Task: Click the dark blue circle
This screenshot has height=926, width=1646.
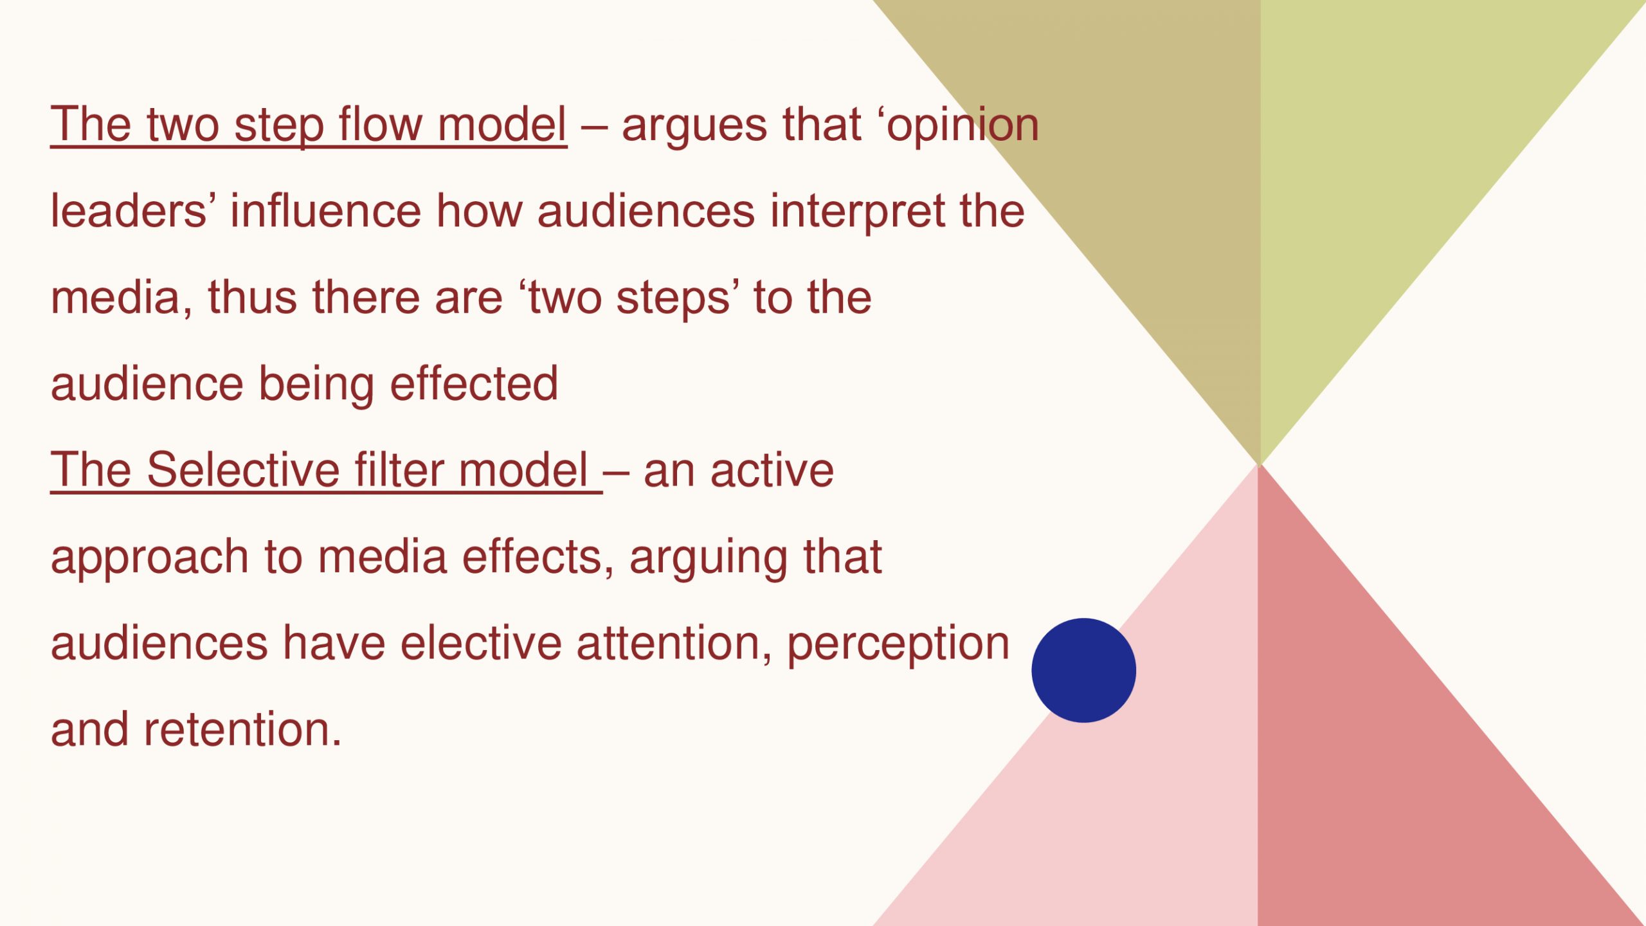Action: coord(1083,670)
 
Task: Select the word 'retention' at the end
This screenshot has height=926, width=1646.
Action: coord(242,730)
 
